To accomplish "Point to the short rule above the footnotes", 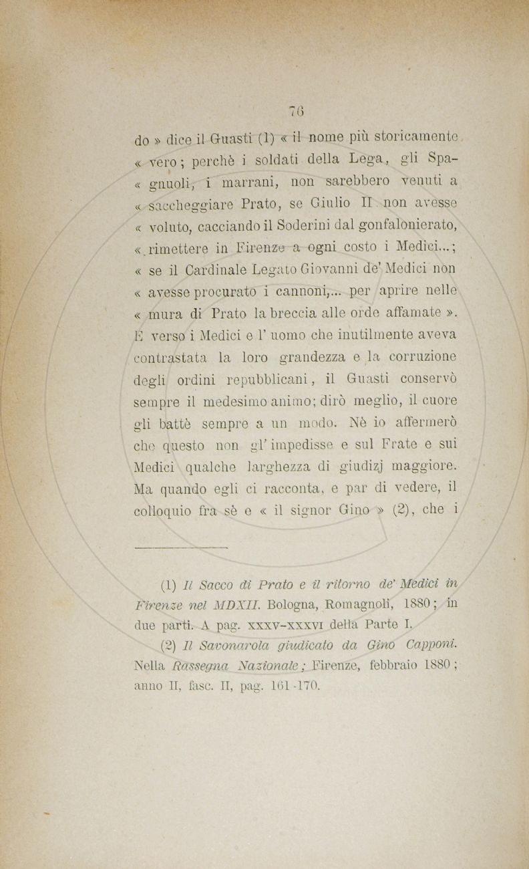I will click(x=180, y=547).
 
